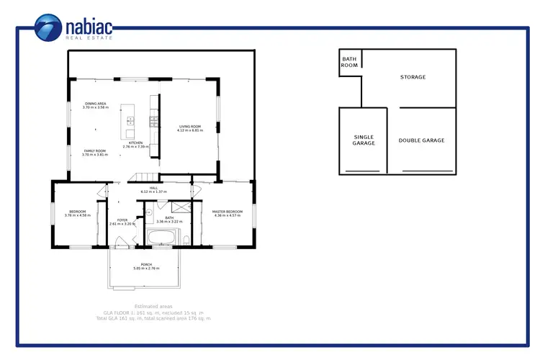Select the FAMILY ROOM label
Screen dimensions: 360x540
[x=94, y=152]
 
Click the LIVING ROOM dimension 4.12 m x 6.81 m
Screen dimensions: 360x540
[x=191, y=130]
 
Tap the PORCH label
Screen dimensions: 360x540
[x=146, y=266]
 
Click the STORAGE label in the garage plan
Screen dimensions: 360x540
[x=413, y=77]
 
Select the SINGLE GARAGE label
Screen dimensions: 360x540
[x=364, y=140]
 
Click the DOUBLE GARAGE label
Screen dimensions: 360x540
[x=421, y=140]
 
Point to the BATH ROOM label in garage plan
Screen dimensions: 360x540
[x=349, y=62]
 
